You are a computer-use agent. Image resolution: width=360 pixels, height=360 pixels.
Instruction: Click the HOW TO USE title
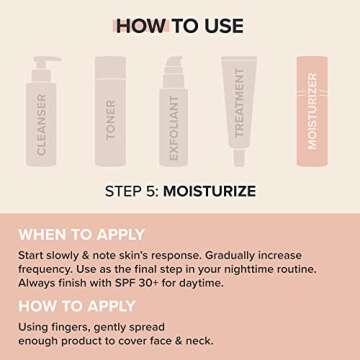pos(179,26)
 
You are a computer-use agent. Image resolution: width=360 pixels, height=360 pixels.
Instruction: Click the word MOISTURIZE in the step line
pos(210,190)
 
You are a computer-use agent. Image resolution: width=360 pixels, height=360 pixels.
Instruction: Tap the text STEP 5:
pos(132,190)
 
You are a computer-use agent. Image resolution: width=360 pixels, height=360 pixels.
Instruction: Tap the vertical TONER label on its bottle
pos(111,118)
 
